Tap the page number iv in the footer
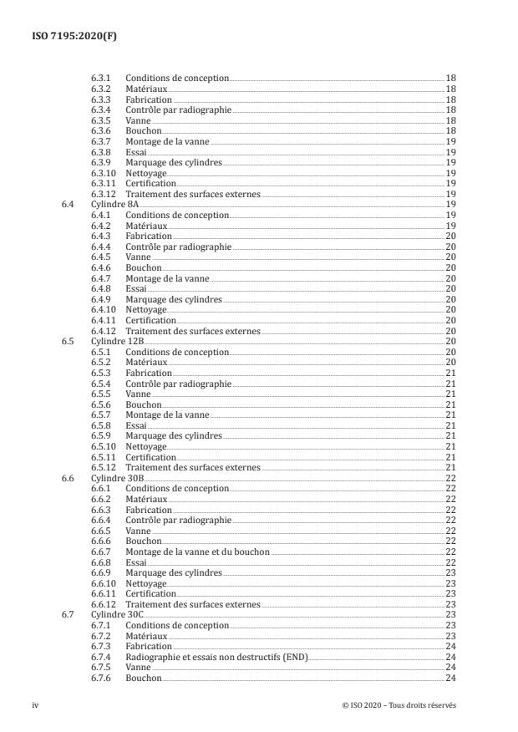pos(35,705)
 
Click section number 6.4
pos(68,204)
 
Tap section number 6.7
pos(68,614)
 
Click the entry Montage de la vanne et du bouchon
pos(198,552)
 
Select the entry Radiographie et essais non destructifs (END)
pos(216,657)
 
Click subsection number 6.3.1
pos(100,78)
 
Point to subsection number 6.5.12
pos(103,467)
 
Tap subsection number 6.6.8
pos(100,562)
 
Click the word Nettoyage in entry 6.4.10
pos(146,309)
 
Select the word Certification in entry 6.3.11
pos(150,183)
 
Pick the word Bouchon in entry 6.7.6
pos(143,678)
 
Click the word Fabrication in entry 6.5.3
pos(149,373)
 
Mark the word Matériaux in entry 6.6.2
pos(146,499)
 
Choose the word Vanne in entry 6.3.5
pos(138,119)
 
